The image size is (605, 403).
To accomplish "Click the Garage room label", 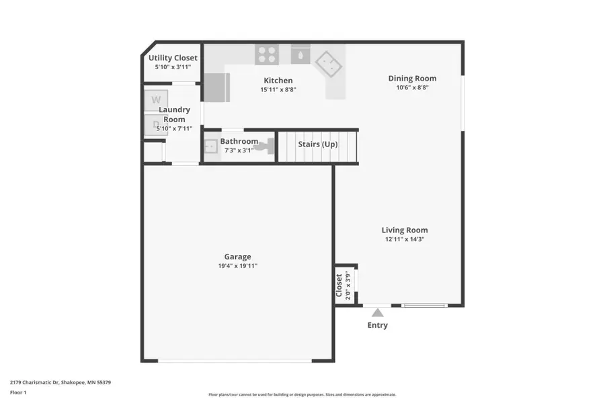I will [237, 257].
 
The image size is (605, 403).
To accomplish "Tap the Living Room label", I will [405, 230].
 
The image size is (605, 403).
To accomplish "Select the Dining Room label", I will [412, 79].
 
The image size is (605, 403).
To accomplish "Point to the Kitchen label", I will [278, 81].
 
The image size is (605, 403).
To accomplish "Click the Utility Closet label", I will [173, 58].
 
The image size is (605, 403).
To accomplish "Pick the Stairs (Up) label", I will [317, 144].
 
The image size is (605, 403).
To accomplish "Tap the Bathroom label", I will [239, 142].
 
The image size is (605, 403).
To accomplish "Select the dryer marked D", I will [155, 124].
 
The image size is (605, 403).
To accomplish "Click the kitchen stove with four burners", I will [267, 54].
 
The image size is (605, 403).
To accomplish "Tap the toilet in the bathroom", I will [268, 146].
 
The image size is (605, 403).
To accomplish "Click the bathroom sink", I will [210, 146].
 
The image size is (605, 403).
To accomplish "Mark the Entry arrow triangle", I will [378, 312].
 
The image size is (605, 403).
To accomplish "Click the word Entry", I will [377, 326].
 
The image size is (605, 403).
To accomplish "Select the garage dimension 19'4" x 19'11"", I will [237, 266].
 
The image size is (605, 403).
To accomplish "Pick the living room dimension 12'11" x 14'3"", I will [405, 239].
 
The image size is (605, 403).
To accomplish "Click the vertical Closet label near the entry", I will [339, 285].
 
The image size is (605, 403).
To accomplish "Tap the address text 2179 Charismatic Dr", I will [60, 382].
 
